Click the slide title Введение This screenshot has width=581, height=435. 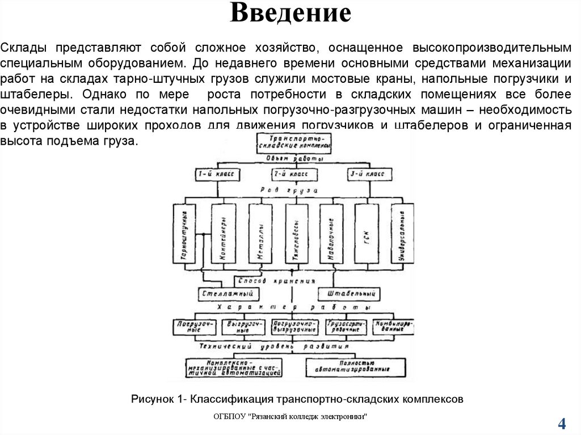click(x=290, y=14)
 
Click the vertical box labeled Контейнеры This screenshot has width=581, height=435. click(x=223, y=233)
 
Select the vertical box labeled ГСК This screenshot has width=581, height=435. click(x=367, y=233)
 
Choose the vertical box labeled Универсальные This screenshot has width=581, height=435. click(x=402, y=233)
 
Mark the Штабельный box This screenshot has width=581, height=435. click(x=348, y=294)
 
